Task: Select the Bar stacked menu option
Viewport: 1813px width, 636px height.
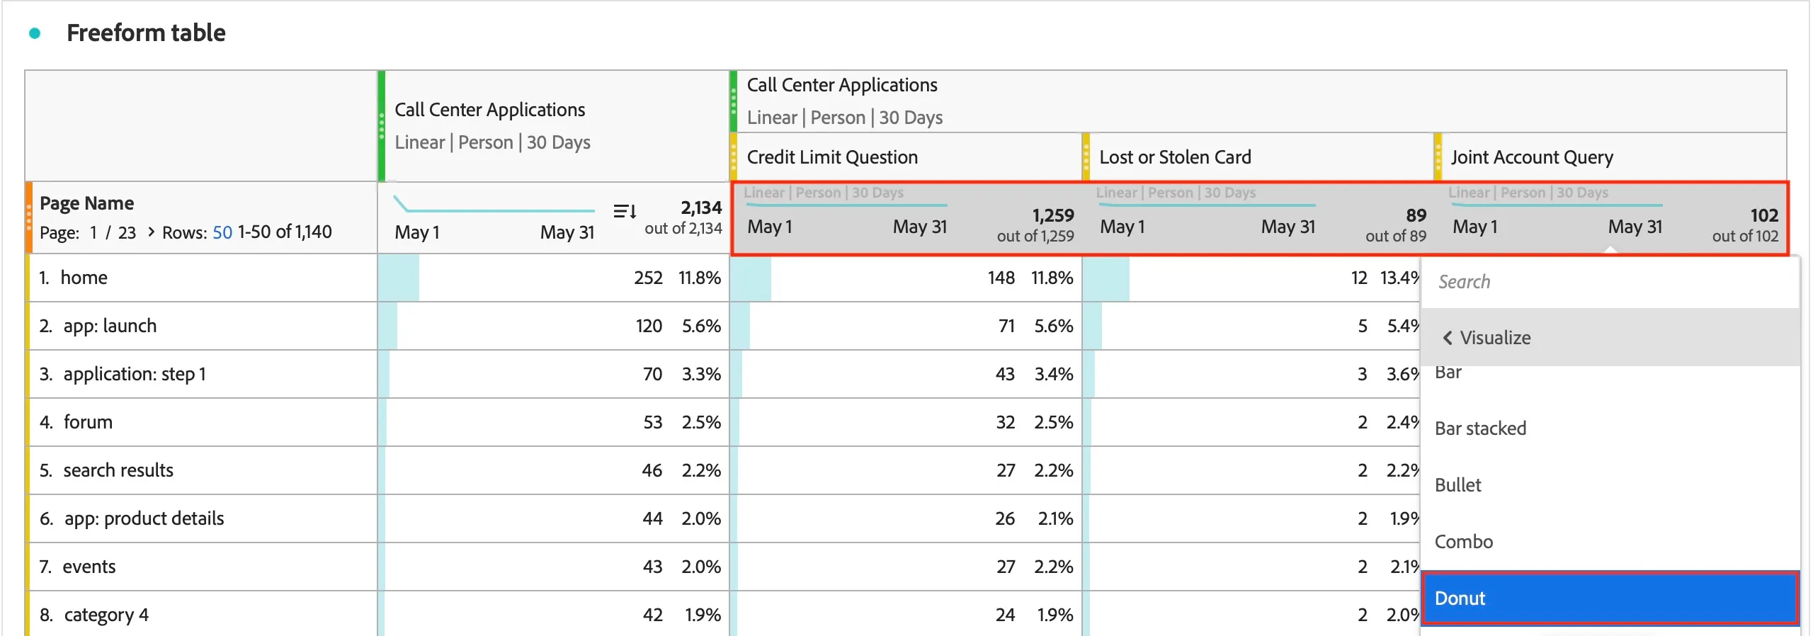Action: click(1480, 428)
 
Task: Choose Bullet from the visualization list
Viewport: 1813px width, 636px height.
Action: click(1457, 485)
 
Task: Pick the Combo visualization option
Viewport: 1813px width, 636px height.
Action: click(1463, 542)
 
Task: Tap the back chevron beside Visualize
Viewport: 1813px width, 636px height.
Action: click(1448, 338)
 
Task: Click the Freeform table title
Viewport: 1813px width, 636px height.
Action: click(146, 33)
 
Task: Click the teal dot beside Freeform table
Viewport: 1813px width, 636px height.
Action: click(34, 33)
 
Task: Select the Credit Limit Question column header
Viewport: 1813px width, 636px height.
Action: click(832, 157)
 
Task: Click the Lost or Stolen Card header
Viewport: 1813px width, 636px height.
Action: click(1175, 157)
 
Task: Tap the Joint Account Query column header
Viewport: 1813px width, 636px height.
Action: click(1532, 157)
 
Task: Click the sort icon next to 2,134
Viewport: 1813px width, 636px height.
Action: click(625, 211)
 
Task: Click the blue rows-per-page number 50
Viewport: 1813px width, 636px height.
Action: click(222, 232)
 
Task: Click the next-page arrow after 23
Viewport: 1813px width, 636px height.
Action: click(151, 232)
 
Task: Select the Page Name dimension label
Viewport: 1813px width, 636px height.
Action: click(86, 203)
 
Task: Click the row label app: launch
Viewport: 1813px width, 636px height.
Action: click(110, 326)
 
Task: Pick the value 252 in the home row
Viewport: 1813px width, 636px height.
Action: click(648, 278)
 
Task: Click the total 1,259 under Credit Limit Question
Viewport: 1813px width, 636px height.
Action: click(1053, 215)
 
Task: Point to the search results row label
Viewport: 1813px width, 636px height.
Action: click(118, 470)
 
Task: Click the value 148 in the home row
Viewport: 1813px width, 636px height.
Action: click(1001, 278)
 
